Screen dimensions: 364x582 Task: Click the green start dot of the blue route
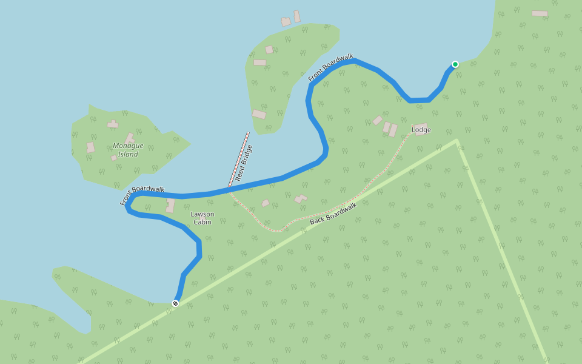pyautogui.click(x=455, y=64)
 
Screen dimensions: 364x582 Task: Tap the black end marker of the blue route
pyautogui.click(x=175, y=303)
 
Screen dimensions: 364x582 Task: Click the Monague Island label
pyautogui.click(x=128, y=150)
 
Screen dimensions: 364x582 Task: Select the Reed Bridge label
pyautogui.click(x=243, y=163)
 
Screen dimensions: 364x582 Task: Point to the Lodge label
pyautogui.click(x=421, y=130)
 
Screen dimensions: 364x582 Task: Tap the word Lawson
pyautogui.click(x=202, y=214)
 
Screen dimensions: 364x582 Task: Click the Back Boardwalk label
pyautogui.click(x=333, y=213)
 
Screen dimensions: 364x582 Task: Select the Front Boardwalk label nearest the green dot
pyautogui.click(x=330, y=67)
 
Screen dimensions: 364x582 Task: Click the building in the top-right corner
pyautogui.click(x=540, y=13)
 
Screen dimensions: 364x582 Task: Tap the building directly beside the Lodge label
pyautogui.click(x=420, y=126)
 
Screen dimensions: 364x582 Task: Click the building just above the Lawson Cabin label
pyautogui.click(x=170, y=205)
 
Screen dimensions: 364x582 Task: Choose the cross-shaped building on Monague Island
pyautogui.click(x=113, y=124)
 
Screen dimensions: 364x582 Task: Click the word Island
pyautogui.click(x=128, y=154)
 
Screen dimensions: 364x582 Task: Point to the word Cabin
pyautogui.click(x=202, y=222)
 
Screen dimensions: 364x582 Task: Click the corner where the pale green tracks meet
pyautogui.click(x=456, y=141)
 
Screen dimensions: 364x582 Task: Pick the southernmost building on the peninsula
pyautogui.click(x=259, y=114)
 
